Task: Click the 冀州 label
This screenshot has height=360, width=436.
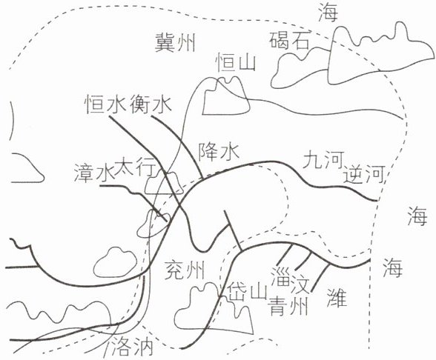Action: (175, 42)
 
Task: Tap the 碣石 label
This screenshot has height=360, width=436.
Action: (289, 41)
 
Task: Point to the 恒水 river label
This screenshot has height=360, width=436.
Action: (106, 104)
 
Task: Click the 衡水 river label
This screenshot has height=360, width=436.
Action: (151, 104)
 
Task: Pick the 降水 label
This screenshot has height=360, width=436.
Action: (219, 152)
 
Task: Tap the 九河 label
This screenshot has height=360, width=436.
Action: (323, 160)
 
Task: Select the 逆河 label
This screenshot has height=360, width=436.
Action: (364, 174)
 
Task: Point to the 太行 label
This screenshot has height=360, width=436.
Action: (134, 166)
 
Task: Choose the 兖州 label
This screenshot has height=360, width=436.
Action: (185, 270)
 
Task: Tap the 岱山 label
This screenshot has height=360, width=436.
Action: (247, 293)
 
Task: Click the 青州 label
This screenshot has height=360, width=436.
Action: (288, 305)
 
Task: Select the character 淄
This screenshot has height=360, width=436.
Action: (282, 277)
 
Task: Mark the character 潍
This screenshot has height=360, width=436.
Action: (337, 296)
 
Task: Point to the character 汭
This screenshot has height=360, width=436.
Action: (143, 347)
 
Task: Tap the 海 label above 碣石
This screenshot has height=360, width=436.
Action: (328, 12)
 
